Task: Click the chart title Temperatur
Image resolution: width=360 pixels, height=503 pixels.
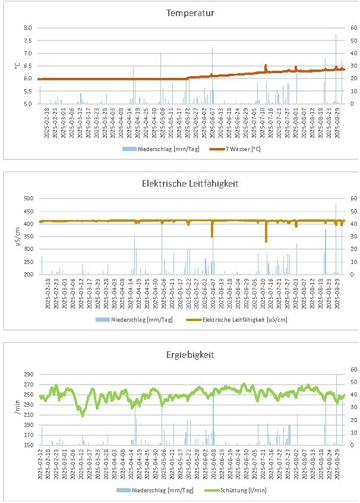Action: [x=182, y=12]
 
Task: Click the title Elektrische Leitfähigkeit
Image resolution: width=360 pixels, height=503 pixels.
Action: [x=182, y=184]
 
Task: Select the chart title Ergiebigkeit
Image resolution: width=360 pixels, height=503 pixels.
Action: [x=182, y=355]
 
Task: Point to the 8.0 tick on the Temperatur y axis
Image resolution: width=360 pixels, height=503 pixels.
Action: [x=28, y=28]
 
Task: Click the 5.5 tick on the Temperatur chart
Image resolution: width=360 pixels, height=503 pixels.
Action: [x=28, y=92]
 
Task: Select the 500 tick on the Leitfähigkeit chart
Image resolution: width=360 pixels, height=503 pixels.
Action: [x=27, y=198]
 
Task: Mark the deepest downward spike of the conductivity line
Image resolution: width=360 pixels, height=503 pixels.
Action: [x=266, y=241]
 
